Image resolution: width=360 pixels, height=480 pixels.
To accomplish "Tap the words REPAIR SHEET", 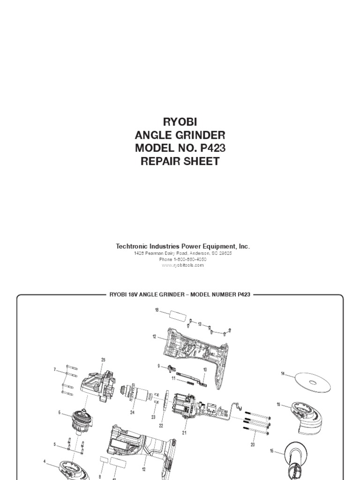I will (x=180, y=162).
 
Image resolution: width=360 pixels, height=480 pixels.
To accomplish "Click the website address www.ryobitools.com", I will (x=183, y=265).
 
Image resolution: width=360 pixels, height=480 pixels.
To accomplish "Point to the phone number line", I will (x=183, y=259).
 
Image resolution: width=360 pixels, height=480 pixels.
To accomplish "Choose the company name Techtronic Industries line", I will (x=183, y=246).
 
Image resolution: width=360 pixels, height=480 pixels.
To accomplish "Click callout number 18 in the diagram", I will (x=157, y=310).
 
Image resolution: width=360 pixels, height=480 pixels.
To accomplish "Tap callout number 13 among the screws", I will (x=200, y=324).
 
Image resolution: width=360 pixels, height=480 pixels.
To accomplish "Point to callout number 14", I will (x=283, y=374).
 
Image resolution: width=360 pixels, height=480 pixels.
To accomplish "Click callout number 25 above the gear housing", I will (x=103, y=360).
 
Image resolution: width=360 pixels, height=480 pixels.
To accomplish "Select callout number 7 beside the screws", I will (x=55, y=370).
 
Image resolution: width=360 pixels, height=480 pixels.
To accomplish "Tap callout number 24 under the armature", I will (x=132, y=413).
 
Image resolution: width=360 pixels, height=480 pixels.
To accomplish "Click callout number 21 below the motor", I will (x=184, y=433).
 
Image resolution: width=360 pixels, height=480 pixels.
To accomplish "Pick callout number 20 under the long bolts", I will (x=253, y=444).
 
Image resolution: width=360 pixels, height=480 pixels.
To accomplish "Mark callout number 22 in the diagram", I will (x=161, y=426).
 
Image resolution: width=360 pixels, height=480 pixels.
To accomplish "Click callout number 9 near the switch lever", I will (x=159, y=366).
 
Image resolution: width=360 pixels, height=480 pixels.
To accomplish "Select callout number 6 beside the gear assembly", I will (x=60, y=412).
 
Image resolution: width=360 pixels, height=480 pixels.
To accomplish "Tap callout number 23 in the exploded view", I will (x=153, y=417).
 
